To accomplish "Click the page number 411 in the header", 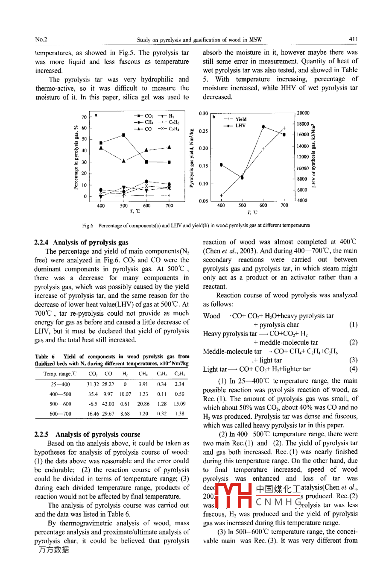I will [353, 39].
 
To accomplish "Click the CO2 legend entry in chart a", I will [144, 116].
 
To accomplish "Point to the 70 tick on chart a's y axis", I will [84, 117].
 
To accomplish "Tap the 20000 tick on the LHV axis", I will [303, 113].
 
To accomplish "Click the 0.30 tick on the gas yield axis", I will [203, 114].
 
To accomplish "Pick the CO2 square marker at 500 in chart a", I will [124, 135].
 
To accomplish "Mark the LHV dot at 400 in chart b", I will [221, 164].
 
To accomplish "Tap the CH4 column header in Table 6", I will [143, 374].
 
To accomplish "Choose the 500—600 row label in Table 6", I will [60, 404].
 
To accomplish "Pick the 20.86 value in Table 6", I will [143, 404].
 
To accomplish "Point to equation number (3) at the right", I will [353, 360].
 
